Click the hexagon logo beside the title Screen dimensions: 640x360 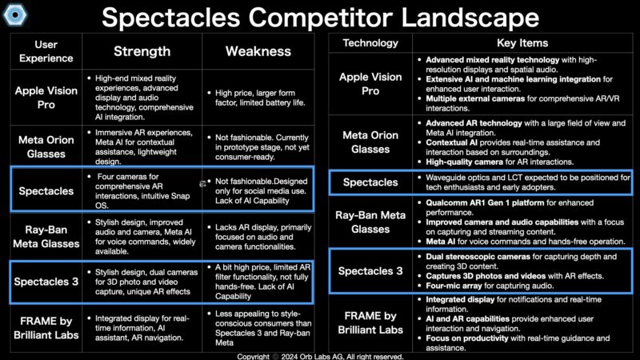tap(15, 14)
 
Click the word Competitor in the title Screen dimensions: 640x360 tap(320, 18)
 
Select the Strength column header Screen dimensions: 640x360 tap(142, 51)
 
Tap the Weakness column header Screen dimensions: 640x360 tap(258, 51)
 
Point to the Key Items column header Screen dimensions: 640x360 tap(522, 43)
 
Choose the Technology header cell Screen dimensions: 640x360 tap(370, 43)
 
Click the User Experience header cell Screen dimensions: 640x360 tap(46, 51)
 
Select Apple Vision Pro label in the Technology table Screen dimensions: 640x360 tap(370, 84)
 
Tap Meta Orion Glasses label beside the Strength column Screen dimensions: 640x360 tap(46, 147)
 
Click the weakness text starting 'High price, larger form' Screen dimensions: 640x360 tap(260, 98)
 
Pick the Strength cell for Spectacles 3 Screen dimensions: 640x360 tap(143, 282)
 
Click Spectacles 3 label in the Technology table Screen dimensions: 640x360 tap(370, 271)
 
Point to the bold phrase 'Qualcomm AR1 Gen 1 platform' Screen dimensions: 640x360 tap(485, 203)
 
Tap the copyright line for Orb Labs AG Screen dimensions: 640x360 tap(320, 356)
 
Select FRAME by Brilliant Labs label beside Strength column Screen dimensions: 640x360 tap(46, 328)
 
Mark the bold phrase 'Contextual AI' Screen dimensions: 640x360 tap(451, 142)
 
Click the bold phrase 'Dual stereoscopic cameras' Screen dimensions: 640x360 tap(478, 257)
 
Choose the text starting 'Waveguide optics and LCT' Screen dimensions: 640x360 tap(528, 182)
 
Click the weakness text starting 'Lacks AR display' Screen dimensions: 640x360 tap(263, 237)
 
